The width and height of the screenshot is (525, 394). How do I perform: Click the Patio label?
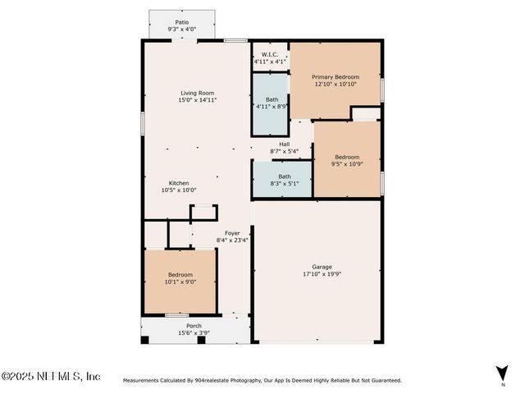point(180,22)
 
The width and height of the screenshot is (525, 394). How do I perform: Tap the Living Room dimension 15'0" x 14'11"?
point(192,100)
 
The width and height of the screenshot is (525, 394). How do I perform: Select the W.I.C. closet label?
point(269,54)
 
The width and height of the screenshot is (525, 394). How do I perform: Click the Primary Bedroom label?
point(335,76)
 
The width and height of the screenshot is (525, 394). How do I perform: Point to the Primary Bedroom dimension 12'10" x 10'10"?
point(335,84)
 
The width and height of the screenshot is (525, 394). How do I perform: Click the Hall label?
point(284,144)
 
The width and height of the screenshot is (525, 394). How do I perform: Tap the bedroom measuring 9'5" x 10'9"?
point(346,159)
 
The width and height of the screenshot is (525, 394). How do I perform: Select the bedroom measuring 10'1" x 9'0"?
point(180,277)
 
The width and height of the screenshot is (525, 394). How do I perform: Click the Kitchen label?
point(179,183)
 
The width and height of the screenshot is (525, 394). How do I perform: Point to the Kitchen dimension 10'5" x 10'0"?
point(179,190)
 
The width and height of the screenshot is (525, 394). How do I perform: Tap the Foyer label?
point(232,233)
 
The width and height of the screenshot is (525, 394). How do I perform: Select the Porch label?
point(194,326)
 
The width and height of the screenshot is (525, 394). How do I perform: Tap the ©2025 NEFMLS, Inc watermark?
point(51,376)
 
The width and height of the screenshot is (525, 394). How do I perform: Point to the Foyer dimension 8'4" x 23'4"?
point(232,241)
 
